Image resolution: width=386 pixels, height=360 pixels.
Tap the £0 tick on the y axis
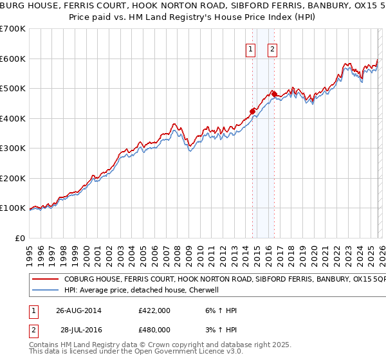click(x=19, y=239)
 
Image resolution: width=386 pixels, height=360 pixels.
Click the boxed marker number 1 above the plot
click(x=250, y=50)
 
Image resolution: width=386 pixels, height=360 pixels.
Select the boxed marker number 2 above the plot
click(x=272, y=50)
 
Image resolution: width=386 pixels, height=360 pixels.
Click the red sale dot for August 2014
click(x=252, y=111)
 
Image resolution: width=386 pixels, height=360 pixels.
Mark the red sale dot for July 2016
click(x=274, y=94)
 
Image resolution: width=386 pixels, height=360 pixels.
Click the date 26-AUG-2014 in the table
click(x=79, y=310)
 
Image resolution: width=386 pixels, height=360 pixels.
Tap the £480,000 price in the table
click(x=154, y=329)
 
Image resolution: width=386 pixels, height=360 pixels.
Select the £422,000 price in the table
click(x=154, y=310)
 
